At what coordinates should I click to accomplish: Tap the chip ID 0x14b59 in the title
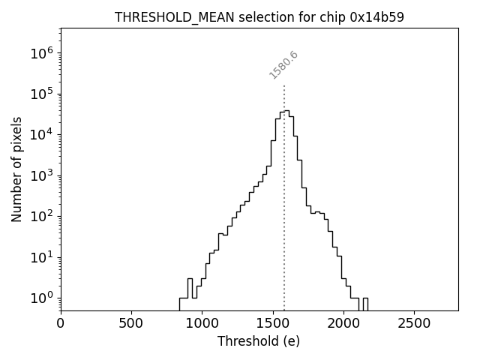pyautogui.click(x=377, y=17)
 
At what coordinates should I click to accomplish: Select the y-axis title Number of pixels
pyautogui.click(x=17, y=169)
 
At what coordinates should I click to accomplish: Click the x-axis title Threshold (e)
pyautogui.click(x=259, y=341)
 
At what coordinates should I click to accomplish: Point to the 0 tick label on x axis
pyautogui.click(x=61, y=323)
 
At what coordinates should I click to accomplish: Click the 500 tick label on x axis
pyautogui.click(x=131, y=323)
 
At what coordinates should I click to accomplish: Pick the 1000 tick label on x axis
pyautogui.click(x=202, y=323)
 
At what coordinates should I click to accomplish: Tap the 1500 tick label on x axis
pyautogui.click(x=273, y=323)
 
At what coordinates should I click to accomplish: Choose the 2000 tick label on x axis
pyautogui.click(x=343, y=323)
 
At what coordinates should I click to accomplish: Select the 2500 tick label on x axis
pyautogui.click(x=414, y=323)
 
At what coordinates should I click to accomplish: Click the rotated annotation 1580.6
pyautogui.click(x=283, y=65)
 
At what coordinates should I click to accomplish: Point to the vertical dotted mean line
pyautogui.click(x=284, y=225)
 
